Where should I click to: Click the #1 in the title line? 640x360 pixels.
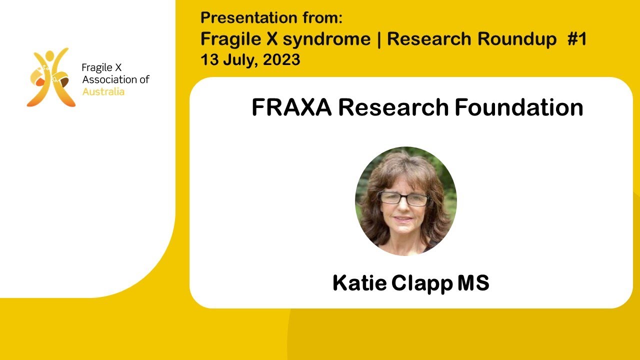(576, 39)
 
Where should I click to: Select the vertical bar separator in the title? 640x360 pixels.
(378, 39)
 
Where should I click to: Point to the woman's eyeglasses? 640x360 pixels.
(404, 198)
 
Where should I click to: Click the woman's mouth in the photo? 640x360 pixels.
(403, 218)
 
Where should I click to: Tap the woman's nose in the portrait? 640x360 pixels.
(403, 207)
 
